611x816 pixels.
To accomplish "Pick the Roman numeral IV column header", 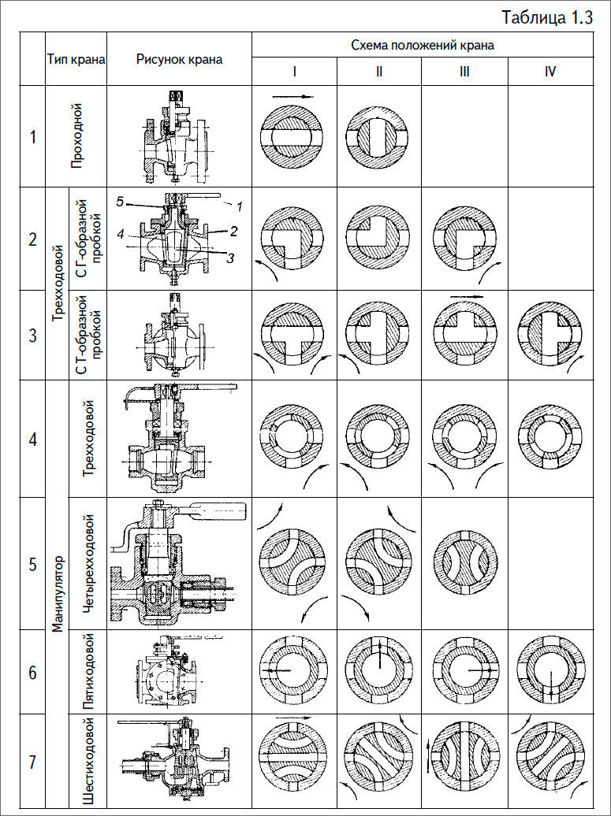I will [x=550, y=71].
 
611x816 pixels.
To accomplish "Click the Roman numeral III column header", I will [x=464, y=71].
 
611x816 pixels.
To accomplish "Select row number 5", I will [x=32, y=564].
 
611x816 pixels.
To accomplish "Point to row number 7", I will [x=32, y=762].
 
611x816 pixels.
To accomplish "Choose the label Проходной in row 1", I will [x=76, y=136].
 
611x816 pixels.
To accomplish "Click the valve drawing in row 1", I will [x=177, y=135].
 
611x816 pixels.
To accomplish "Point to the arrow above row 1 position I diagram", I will [x=293, y=96].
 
